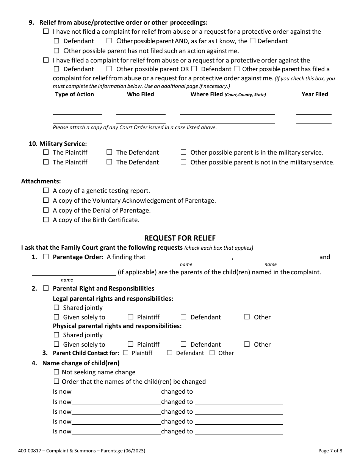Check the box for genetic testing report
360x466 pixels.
point(46,191)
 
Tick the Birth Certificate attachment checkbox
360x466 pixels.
point(46,219)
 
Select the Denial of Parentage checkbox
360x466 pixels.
point(46,210)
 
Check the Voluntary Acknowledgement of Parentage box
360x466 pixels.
point(46,200)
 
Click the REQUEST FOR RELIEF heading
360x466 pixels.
point(180,238)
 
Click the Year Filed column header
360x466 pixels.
point(315,94)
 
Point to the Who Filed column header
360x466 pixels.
point(140,94)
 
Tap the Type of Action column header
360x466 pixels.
point(75,94)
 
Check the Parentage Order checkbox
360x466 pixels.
point(46,257)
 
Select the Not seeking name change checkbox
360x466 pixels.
point(56,372)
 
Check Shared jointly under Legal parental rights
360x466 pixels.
point(56,308)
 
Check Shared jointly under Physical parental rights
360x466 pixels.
point(56,335)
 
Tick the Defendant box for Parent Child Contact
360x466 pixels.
point(169,353)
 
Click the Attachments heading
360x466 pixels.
point(41,181)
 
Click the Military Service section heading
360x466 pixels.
point(58,144)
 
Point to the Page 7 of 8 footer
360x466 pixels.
point(330,451)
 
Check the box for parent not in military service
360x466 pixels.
point(183,162)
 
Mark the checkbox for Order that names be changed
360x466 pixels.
point(56,382)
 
